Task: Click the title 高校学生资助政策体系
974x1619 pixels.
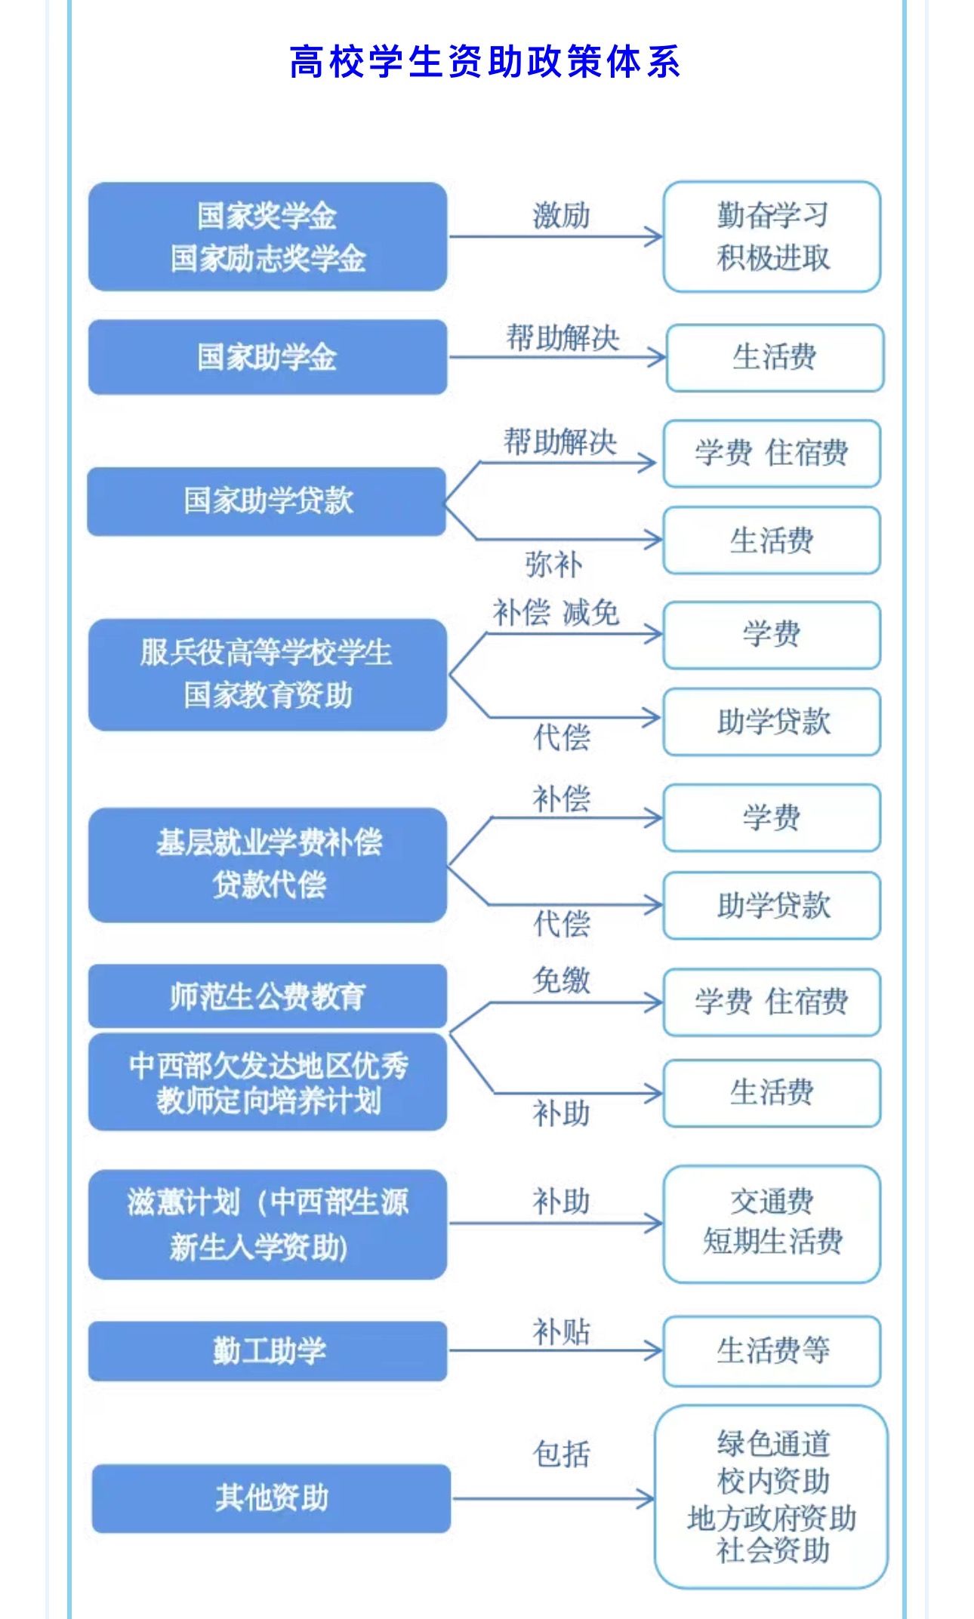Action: coord(485,62)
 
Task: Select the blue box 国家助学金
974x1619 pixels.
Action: coord(267,357)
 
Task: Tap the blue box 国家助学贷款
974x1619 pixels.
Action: coord(267,501)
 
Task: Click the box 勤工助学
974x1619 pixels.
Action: coord(267,1350)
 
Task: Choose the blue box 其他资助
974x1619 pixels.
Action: coord(271,1498)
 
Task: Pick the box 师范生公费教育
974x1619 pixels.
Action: coord(267,996)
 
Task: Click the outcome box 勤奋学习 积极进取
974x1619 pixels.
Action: coord(772,236)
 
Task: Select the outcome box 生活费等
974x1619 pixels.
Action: coord(772,1350)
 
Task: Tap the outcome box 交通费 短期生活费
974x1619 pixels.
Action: coord(772,1223)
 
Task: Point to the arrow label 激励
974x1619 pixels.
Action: coord(560,216)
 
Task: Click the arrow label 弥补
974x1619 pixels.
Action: coord(553,565)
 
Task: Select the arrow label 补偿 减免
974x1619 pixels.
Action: coord(556,612)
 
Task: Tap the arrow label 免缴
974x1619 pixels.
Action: coord(560,980)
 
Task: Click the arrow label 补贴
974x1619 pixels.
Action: coord(560,1331)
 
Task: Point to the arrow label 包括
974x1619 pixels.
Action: coord(560,1454)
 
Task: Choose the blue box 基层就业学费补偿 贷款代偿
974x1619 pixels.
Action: coord(267,865)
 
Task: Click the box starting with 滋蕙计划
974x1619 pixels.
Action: coord(267,1223)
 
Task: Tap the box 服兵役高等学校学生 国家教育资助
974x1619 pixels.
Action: coord(267,674)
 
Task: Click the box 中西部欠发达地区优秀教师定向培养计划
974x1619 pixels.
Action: coord(267,1082)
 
